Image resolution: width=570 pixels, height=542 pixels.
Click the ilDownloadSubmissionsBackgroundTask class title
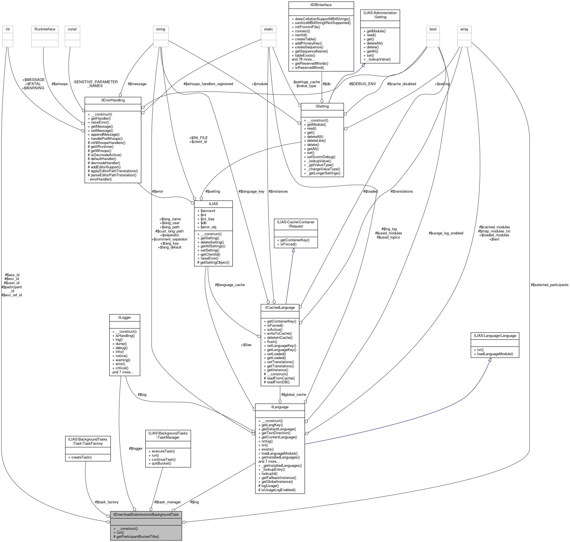click(x=146, y=514)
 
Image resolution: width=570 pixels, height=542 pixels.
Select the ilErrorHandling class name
click(x=113, y=100)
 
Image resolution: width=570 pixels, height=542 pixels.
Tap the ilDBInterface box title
click(x=321, y=5)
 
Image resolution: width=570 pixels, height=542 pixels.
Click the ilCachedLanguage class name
click(x=280, y=307)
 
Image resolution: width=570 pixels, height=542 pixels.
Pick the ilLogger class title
click(x=124, y=318)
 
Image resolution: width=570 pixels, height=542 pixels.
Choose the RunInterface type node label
click(x=45, y=29)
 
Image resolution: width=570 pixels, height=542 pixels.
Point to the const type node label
click(x=72, y=29)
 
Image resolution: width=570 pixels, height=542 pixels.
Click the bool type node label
click(x=433, y=29)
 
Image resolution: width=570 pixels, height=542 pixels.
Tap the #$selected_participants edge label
click(x=549, y=285)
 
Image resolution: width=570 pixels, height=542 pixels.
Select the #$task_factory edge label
click(x=107, y=502)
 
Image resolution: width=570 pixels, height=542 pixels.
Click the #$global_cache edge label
click(x=293, y=395)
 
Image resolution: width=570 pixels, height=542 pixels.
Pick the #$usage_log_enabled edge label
click(x=446, y=233)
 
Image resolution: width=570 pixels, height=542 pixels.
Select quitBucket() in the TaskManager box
click(x=161, y=464)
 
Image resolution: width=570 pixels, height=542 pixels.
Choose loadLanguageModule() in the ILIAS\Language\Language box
click(x=495, y=354)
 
